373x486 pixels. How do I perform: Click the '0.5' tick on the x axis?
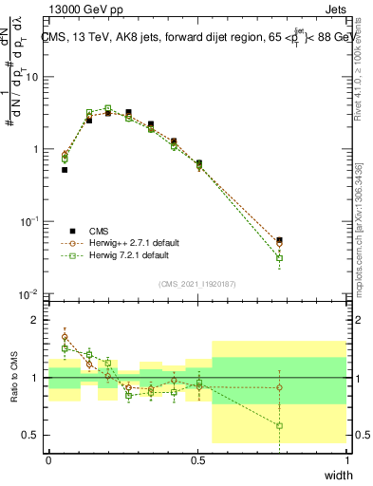click(198, 460)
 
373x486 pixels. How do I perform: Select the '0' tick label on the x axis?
click(48, 460)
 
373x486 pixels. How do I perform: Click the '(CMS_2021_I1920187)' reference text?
click(198, 283)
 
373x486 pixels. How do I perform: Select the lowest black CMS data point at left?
click(65, 170)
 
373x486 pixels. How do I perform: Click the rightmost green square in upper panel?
click(279, 258)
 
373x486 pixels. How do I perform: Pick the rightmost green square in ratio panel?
click(279, 425)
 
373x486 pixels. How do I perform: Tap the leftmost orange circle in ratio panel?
click(65, 337)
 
